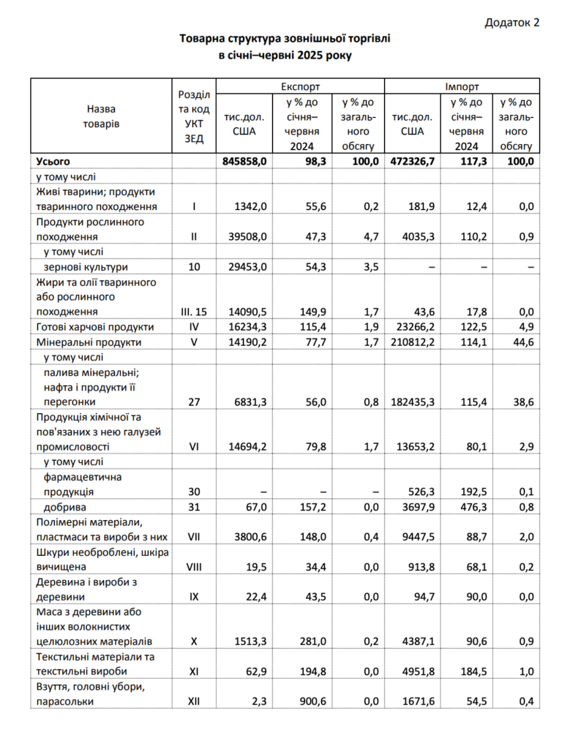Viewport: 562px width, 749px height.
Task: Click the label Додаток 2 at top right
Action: point(512,23)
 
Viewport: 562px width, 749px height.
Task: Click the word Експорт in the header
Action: point(300,86)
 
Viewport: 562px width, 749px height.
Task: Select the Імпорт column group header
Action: point(462,86)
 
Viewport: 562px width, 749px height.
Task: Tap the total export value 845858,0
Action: point(244,161)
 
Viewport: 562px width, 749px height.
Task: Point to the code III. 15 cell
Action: point(194,312)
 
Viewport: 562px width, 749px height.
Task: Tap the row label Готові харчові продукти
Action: point(95,327)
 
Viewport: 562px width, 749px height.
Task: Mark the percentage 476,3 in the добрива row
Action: point(468,507)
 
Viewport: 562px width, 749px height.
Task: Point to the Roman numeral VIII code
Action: point(194,566)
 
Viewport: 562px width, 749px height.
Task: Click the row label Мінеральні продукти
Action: point(89,342)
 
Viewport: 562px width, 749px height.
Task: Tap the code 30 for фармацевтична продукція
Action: point(194,492)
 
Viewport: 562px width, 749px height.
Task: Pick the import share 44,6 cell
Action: point(521,342)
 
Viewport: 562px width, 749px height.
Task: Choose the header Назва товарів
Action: point(101,116)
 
